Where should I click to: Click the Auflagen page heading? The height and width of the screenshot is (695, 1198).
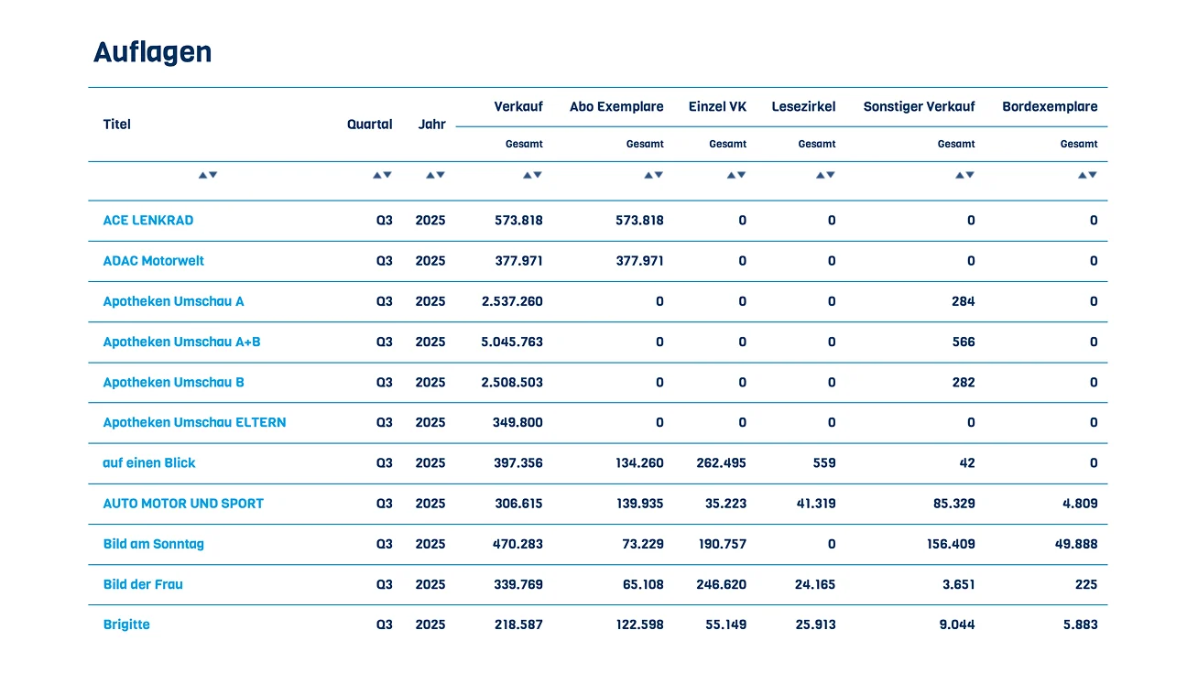(152, 53)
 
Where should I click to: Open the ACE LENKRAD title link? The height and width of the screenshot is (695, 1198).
(148, 221)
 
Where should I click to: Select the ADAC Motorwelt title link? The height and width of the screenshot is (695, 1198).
(153, 261)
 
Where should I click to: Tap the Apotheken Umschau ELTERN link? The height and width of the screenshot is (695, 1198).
(194, 422)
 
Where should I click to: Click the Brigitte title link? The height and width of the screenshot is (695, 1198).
(126, 624)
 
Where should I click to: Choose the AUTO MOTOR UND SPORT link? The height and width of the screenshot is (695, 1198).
(183, 504)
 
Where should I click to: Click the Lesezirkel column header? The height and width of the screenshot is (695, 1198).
(803, 107)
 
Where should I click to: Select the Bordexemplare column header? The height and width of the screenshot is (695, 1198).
(1050, 107)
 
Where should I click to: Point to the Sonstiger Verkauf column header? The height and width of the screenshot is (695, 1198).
(919, 107)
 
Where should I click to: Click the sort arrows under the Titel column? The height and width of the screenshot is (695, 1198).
(208, 175)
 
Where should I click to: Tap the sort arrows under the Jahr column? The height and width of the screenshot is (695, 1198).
(435, 175)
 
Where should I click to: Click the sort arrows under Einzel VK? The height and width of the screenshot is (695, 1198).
(735, 175)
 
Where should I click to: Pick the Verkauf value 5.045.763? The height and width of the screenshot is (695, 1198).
(512, 342)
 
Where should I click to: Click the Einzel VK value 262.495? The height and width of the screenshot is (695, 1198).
(721, 463)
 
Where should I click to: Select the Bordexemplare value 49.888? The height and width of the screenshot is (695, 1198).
(1076, 544)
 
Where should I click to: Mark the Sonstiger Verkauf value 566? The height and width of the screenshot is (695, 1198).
(963, 342)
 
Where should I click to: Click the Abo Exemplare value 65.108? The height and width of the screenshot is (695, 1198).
(643, 584)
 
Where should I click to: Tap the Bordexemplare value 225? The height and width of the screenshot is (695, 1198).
(1086, 584)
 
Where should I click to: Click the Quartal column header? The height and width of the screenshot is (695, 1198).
(369, 125)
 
